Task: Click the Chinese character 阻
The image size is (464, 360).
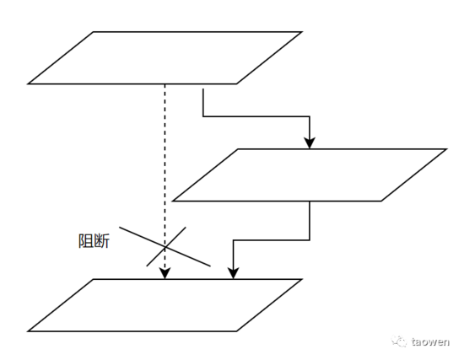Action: (x=86, y=241)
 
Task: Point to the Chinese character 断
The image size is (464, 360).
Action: (x=102, y=241)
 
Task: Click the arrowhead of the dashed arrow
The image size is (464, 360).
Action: (x=165, y=274)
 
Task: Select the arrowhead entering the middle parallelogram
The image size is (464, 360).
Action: (x=310, y=143)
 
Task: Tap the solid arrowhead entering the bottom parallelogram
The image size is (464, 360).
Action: (x=234, y=274)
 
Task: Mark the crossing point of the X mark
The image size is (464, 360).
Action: (x=165, y=246)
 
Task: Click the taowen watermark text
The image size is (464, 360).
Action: (x=430, y=342)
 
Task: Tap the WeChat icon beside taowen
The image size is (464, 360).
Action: (x=400, y=341)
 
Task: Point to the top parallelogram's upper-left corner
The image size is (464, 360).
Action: (x=94, y=32)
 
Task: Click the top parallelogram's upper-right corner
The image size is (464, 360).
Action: (x=301, y=32)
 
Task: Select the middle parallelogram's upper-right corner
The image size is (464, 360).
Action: (x=445, y=149)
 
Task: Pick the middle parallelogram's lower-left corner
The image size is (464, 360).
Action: (x=173, y=201)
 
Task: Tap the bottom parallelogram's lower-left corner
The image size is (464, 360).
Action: (x=29, y=331)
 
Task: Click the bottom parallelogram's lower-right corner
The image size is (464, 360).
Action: (x=236, y=331)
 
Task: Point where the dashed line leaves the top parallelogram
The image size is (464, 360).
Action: (x=165, y=84)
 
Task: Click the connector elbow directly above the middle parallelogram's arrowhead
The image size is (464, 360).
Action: (x=310, y=116)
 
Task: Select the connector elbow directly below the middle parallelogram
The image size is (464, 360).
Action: (x=310, y=240)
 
